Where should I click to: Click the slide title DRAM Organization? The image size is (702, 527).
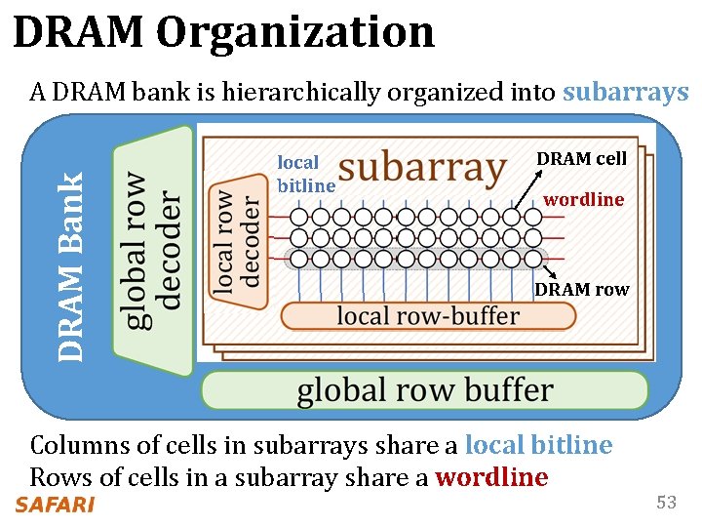point(223,32)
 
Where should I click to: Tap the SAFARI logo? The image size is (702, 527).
point(55,505)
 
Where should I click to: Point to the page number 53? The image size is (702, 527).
point(667,503)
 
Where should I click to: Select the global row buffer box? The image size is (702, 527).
point(424,390)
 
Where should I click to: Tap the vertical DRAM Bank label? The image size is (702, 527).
point(70,265)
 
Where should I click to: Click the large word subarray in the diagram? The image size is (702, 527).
point(422,168)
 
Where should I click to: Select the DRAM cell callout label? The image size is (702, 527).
point(582,158)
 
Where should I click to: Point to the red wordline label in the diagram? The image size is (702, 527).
point(583,199)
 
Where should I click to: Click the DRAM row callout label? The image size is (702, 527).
point(582,289)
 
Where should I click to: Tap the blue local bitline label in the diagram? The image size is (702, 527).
point(305,174)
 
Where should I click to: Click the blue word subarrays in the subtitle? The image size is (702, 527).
point(626,93)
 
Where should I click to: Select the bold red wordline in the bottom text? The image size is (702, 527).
point(491,477)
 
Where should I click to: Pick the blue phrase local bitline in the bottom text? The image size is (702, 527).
point(538,445)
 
